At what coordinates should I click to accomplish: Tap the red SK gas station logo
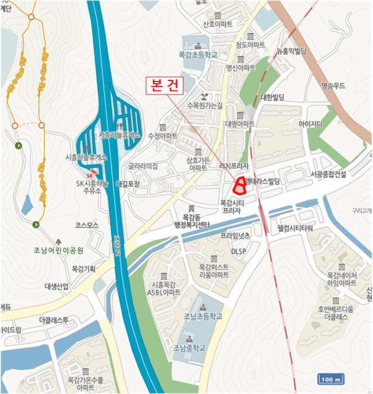point(89,169)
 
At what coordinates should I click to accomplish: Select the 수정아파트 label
point(163,136)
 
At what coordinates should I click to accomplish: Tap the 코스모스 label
point(87,225)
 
